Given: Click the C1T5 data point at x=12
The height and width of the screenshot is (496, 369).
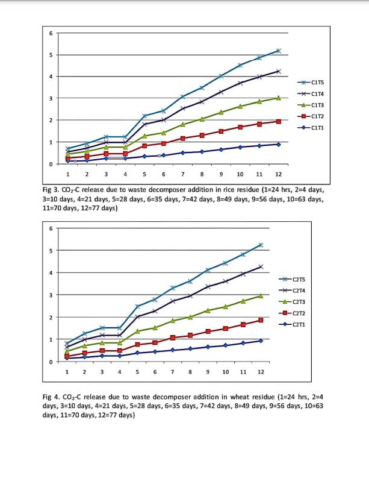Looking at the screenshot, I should tap(278, 51).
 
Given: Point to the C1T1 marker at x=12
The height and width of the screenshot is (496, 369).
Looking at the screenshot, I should tap(278, 144).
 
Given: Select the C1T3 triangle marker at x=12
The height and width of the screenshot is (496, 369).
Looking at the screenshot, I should tap(278, 98).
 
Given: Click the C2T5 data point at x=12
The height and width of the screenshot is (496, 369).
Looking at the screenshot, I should tap(261, 245).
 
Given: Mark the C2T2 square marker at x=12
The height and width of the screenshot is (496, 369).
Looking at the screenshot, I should tap(261, 320).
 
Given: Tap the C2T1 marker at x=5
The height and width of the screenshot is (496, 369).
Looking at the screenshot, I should tap(137, 353).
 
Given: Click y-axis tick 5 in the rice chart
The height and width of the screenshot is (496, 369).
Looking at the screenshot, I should tap(51, 55).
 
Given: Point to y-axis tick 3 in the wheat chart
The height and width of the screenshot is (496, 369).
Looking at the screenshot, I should tap(51, 295).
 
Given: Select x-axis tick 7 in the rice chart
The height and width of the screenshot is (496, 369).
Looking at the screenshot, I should tap(182, 174).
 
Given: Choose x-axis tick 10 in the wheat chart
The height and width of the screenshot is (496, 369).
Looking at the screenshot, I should tap(225, 372).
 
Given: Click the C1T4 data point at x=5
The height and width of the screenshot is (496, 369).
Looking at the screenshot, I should tap(144, 124).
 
